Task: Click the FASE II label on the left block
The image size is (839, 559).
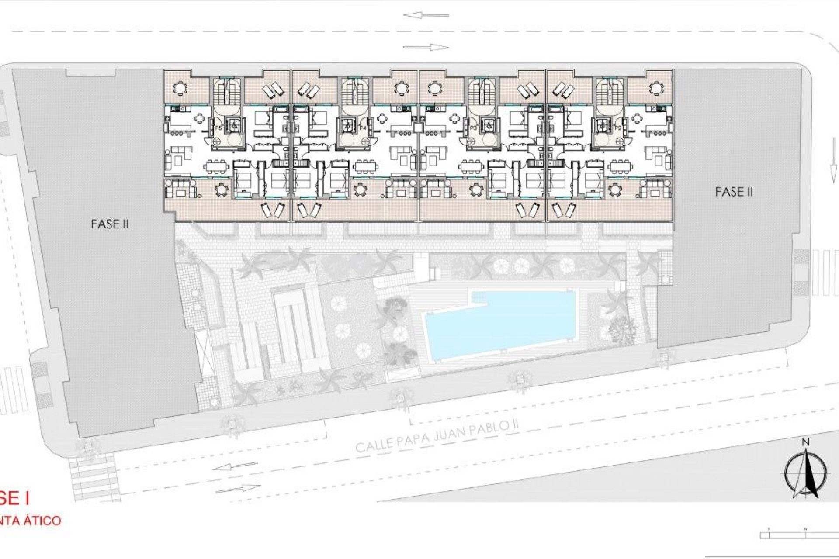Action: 110,224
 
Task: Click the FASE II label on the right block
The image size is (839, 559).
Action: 734,192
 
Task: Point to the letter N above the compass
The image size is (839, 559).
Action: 805,442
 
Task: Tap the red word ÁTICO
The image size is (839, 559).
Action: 42,521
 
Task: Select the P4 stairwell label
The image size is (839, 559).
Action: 362,128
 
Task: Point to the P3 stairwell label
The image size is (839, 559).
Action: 473,128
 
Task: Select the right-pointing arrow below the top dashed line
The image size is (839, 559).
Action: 426,47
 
